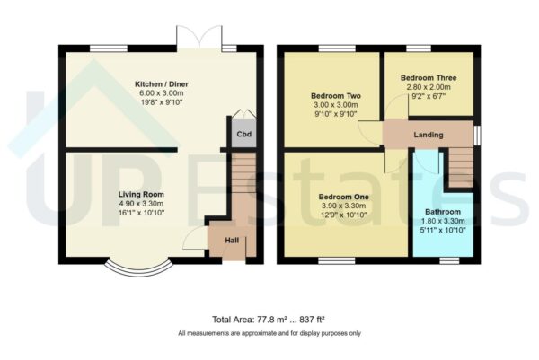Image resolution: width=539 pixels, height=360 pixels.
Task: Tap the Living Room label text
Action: (x=142, y=194)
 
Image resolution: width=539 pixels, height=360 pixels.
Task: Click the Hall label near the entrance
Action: (x=231, y=240)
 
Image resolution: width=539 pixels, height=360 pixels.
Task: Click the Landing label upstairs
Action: (x=428, y=136)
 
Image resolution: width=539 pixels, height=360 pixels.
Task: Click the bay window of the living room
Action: (x=137, y=267)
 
